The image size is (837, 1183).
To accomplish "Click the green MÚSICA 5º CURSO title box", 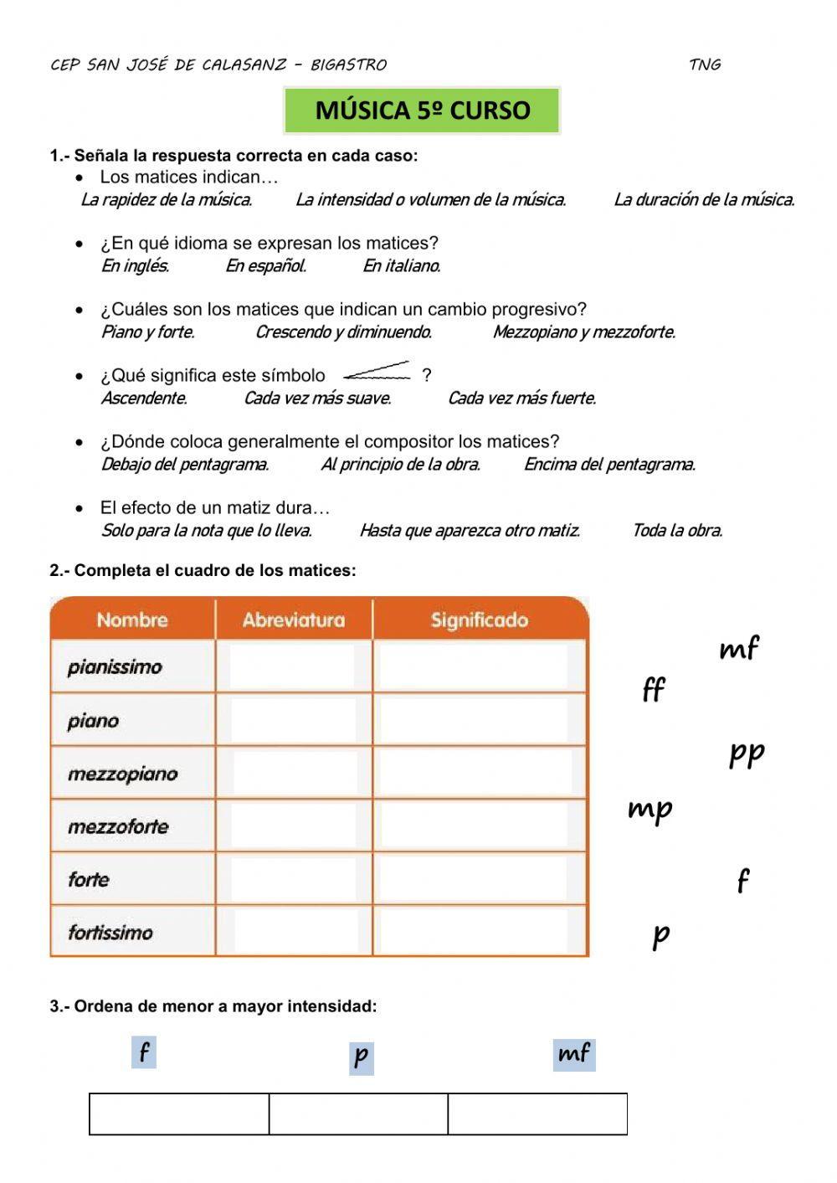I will click(422, 111).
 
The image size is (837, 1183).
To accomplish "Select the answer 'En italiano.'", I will click(401, 266).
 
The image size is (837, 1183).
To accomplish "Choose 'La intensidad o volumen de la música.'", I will click(430, 200).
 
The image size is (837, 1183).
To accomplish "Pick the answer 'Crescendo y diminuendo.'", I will click(343, 332).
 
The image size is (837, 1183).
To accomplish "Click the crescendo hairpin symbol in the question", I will click(377, 371).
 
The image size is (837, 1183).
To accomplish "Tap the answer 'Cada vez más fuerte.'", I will click(521, 399).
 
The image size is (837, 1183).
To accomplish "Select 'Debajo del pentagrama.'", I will click(184, 465).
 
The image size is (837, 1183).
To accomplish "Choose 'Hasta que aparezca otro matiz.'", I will click(469, 531).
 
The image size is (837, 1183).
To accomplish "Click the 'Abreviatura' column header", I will click(293, 620).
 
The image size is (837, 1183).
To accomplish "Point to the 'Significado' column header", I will click(479, 620).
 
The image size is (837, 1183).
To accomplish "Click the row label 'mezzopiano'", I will click(123, 774).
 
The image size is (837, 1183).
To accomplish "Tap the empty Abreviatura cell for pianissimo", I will click(293, 667).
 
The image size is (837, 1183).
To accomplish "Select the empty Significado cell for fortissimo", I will click(479, 932).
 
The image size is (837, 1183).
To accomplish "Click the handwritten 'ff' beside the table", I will click(654, 690).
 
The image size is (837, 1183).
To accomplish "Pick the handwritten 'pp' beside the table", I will click(746, 753).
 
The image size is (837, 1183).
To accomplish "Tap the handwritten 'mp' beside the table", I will click(650, 810).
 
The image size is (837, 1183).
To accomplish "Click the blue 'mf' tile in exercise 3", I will click(574, 1054).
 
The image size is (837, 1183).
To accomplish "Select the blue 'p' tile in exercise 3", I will click(361, 1057).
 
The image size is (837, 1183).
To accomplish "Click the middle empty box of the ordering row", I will click(358, 1114).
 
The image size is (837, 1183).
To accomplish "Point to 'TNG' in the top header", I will click(705, 64).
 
